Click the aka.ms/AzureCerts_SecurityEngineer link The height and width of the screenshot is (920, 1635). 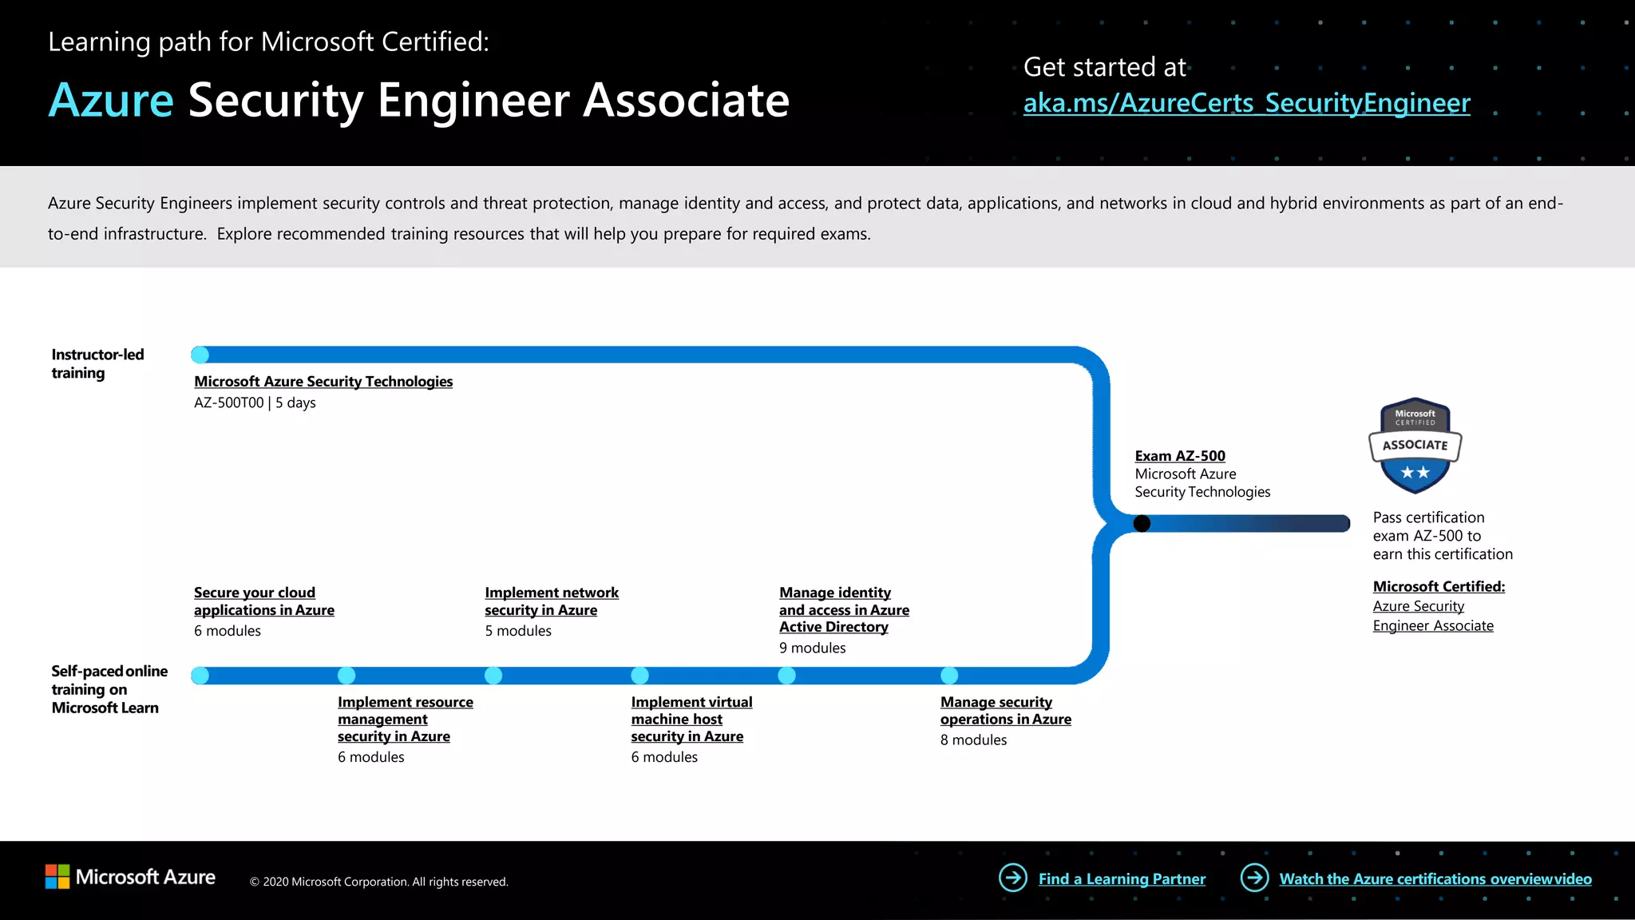tap(1246, 104)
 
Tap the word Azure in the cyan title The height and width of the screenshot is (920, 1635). tap(111, 101)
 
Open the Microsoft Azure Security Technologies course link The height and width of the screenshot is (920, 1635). tap(323, 382)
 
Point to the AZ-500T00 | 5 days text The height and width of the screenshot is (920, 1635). tap(255, 403)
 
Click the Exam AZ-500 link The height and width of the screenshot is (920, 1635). tap(1179, 456)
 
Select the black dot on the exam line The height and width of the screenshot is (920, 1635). tap(1142, 524)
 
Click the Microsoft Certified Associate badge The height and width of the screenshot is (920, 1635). tap(1415, 445)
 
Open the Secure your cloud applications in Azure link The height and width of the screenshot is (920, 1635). tap(263, 601)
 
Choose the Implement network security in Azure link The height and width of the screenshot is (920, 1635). tap(551, 601)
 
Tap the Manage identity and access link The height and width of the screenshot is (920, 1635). tap(844, 610)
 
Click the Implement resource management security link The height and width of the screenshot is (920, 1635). tap(405, 719)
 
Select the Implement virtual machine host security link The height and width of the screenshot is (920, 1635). tap(691, 719)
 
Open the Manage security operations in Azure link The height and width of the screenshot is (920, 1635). tap(1005, 711)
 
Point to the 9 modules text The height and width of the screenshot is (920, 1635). tap(812, 648)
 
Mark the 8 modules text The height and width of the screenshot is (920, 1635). tap(973, 740)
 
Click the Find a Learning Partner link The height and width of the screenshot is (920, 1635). tap(1122, 879)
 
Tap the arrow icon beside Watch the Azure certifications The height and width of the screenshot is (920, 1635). tap(1254, 878)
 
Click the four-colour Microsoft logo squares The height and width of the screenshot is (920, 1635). tap(57, 877)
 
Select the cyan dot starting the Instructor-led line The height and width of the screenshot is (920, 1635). tap(200, 355)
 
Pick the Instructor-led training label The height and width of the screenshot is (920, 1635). tap(97, 363)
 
